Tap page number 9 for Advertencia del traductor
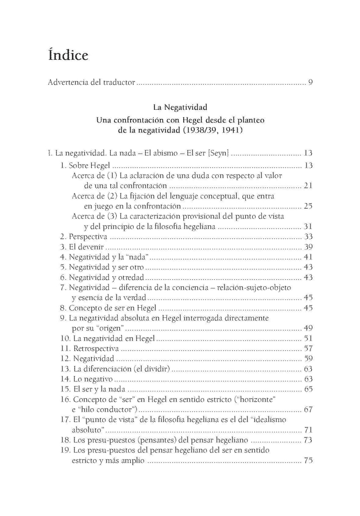click(310, 83)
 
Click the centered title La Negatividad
click(180, 107)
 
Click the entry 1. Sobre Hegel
click(85, 165)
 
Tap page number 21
click(308, 186)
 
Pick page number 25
click(308, 206)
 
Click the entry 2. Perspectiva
click(83, 237)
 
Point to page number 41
click(308, 257)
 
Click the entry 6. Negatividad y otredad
click(102, 278)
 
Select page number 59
click(308, 359)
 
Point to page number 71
click(308, 430)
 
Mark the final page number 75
click(308, 460)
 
